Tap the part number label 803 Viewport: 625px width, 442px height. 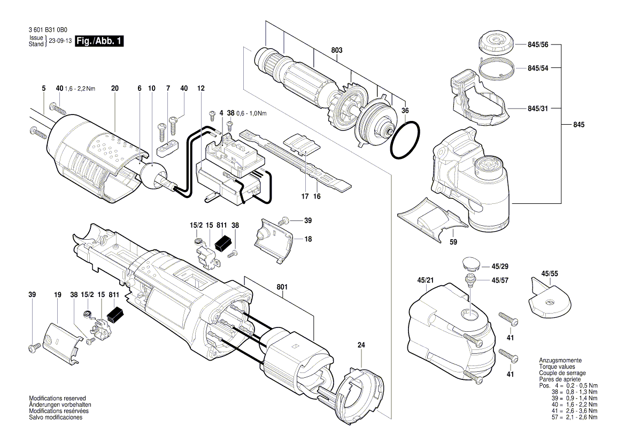337,50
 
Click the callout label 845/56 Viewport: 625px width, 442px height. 538,46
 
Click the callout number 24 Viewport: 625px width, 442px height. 361,345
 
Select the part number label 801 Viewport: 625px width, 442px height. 282,288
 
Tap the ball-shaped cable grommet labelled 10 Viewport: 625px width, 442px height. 153,174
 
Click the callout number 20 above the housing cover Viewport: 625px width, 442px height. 114,88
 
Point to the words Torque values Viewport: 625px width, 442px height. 553,367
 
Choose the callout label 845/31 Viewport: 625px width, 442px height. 538,108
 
